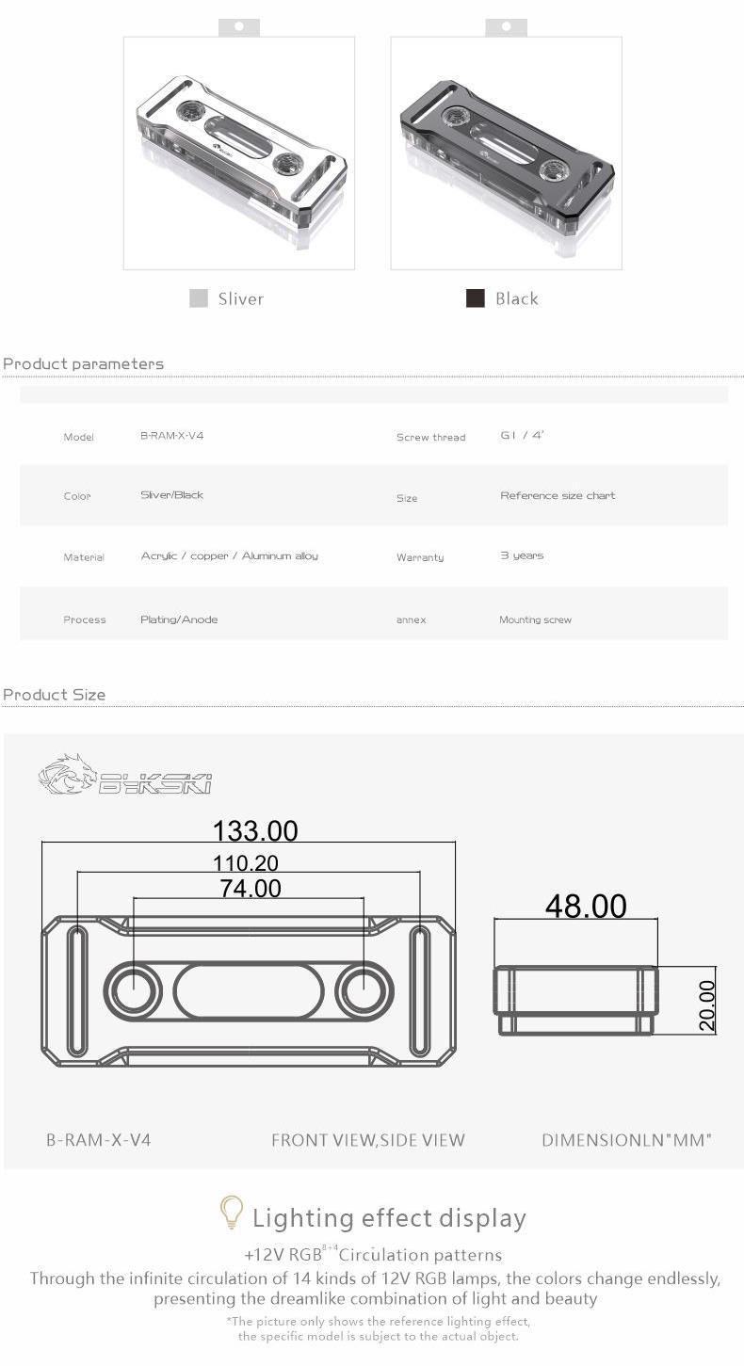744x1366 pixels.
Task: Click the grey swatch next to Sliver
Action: point(199,298)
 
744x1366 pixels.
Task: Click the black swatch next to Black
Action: point(475,298)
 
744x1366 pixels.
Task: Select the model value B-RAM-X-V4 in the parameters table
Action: point(172,436)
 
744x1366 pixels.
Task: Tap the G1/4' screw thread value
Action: point(522,436)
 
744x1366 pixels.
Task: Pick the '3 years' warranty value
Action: point(522,555)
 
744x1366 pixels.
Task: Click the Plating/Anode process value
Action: point(179,619)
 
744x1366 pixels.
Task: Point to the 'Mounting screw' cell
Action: point(536,619)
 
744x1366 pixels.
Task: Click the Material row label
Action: point(84,557)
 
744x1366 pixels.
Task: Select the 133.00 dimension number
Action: point(255,830)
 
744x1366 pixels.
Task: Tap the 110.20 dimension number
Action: point(246,863)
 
